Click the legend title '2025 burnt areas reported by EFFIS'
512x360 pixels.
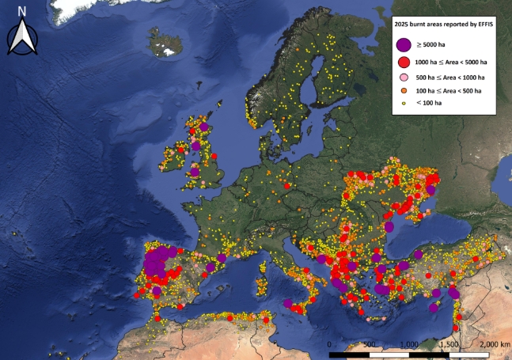pos(447,26)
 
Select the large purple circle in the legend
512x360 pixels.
pos(404,45)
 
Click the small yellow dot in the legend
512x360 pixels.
pos(404,104)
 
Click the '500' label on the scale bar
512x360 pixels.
pos(369,345)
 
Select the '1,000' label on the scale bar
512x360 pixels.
pos(408,345)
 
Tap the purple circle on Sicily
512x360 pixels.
pos(288,303)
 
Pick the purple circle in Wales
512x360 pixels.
pos(195,172)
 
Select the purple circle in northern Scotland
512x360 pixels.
pos(203,125)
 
